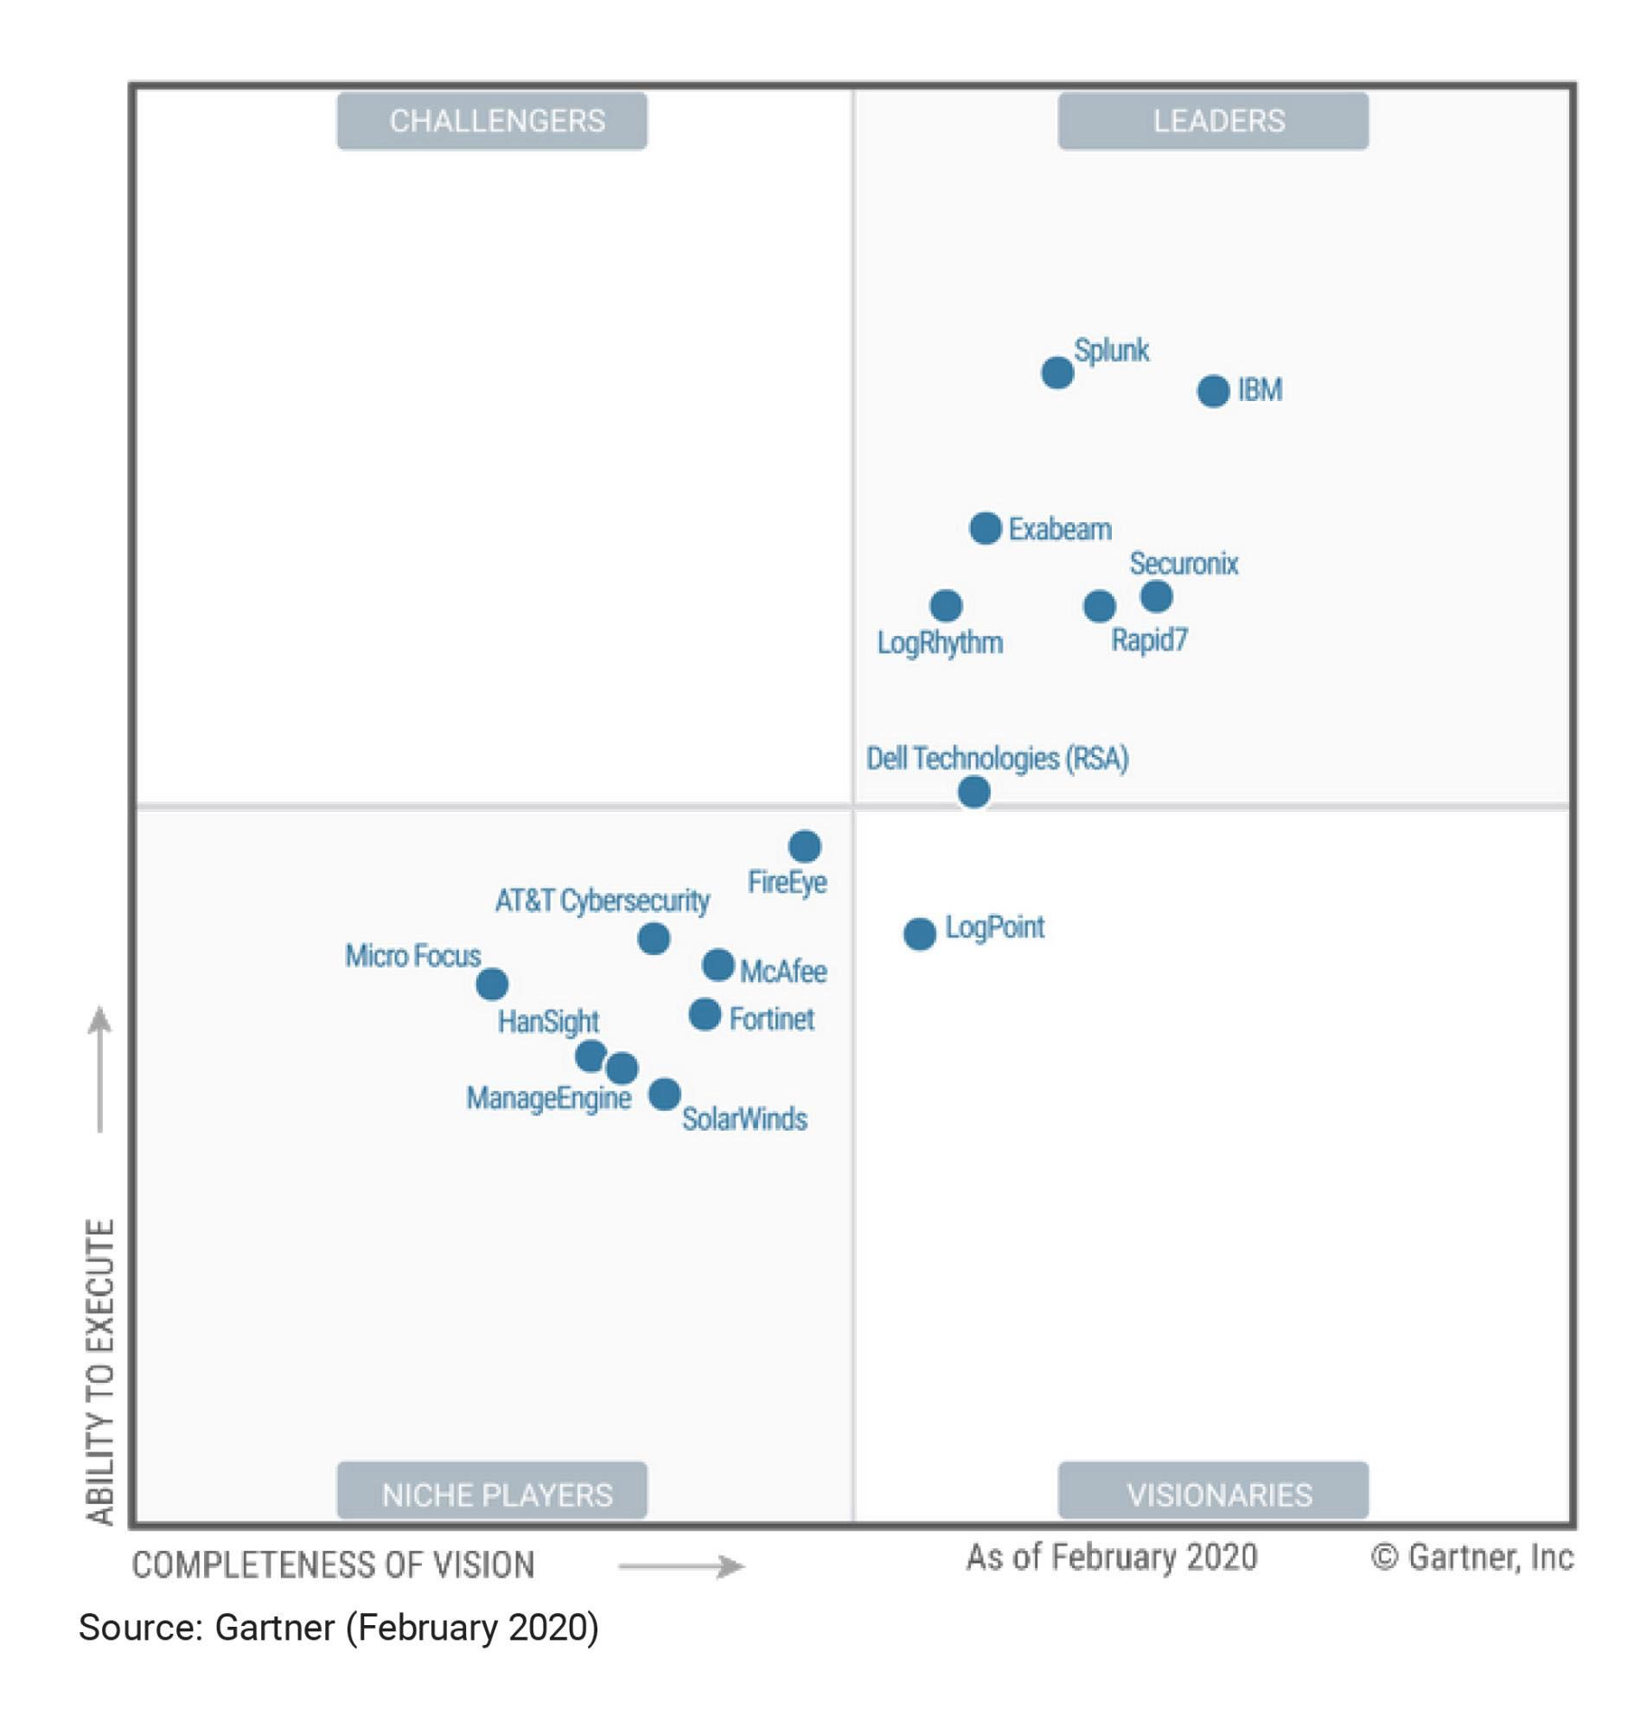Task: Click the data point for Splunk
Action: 1057,373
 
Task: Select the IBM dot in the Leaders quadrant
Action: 1213,391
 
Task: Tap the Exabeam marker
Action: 985,528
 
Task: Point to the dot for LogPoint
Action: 919,934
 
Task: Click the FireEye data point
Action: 805,845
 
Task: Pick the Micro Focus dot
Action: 492,985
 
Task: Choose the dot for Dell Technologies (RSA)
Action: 973,792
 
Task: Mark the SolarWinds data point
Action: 665,1093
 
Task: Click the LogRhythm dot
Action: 946,605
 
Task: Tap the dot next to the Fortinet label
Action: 705,1014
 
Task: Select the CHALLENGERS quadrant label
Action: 492,121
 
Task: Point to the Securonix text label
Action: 1184,564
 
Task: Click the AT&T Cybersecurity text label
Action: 602,900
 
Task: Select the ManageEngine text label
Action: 549,1098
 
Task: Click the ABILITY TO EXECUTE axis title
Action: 101,1372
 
